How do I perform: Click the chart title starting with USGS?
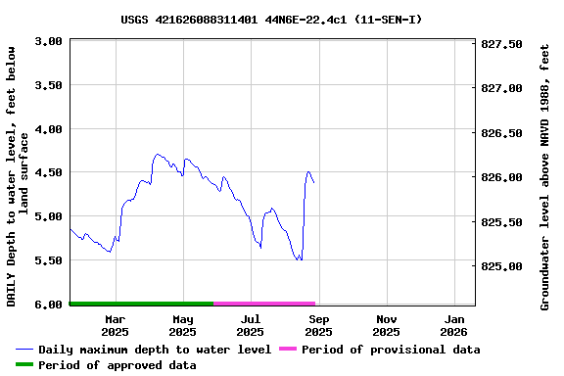tap(271, 19)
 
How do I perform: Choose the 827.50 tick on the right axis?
tap(502, 45)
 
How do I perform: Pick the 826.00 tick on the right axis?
tap(502, 177)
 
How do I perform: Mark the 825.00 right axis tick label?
tap(502, 266)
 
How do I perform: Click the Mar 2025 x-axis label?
tap(116, 325)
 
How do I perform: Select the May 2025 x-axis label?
tap(183, 325)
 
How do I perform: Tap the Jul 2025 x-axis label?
tap(251, 325)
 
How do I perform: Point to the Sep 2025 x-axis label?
tap(319, 325)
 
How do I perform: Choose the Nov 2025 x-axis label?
tap(387, 325)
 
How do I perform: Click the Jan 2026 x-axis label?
tap(454, 325)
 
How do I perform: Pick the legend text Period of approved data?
tap(117, 365)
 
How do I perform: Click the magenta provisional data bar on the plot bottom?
tap(264, 304)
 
